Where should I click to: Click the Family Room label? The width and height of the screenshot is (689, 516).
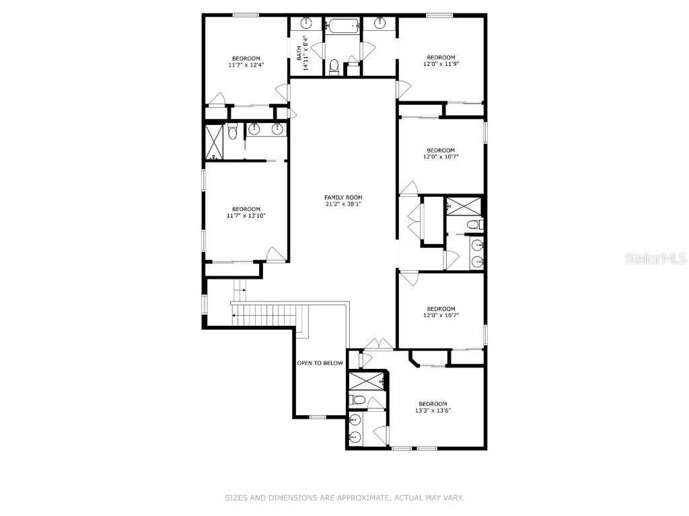click(x=343, y=198)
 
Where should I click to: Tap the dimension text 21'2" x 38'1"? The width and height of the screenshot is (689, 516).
click(x=343, y=204)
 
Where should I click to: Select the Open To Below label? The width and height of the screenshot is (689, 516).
click(x=320, y=363)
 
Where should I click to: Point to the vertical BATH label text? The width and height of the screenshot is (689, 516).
click(x=299, y=52)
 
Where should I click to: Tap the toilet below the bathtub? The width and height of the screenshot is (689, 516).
click(x=334, y=66)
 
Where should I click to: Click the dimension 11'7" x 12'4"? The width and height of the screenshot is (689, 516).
click(x=246, y=65)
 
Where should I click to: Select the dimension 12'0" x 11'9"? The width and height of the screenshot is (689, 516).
click(x=441, y=64)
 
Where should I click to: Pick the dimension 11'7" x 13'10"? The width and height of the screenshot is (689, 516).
click(x=246, y=216)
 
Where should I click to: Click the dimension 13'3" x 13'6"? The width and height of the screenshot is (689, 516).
click(x=433, y=411)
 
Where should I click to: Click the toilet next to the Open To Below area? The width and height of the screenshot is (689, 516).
click(x=359, y=400)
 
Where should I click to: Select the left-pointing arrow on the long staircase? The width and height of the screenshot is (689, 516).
click(x=235, y=314)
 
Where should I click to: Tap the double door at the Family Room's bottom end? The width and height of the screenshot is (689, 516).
click(x=379, y=345)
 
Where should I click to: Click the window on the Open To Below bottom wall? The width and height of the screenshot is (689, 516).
click(x=318, y=417)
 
